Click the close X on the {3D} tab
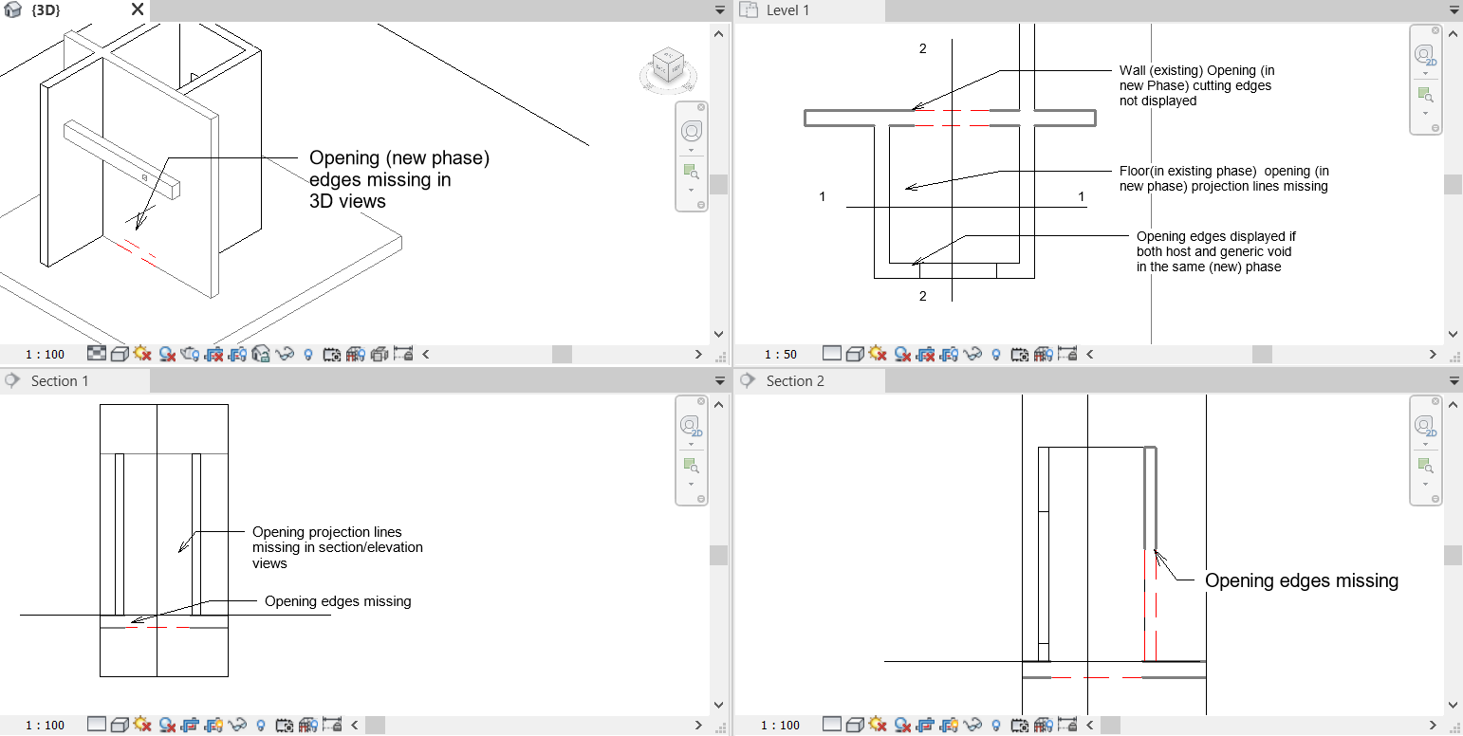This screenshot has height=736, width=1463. (x=138, y=9)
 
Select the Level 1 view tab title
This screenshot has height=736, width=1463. (x=787, y=10)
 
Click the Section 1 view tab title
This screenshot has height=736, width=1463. (x=59, y=381)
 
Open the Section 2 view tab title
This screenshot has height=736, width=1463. (x=795, y=381)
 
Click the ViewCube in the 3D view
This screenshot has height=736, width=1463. (x=668, y=69)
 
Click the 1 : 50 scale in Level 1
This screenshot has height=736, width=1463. (x=779, y=355)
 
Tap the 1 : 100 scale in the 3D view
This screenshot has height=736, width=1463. (x=45, y=355)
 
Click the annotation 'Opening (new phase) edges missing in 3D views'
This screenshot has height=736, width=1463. (x=398, y=179)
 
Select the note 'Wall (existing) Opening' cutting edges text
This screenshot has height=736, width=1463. (x=1195, y=85)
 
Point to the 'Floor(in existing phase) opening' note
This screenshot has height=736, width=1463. (x=1224, y=178)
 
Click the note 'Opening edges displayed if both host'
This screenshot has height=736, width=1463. (x=1215, y=251)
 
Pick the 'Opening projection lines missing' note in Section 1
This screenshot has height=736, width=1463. (x=337, y=547)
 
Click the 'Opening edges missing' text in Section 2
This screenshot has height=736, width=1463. (x=1301, y=580)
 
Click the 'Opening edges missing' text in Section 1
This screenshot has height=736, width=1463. (x=338, y=601)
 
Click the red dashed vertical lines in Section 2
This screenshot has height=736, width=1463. (x=1151, y=607)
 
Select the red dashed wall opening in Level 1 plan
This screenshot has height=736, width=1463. (x=952, y=118)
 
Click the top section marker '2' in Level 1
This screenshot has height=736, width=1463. (x=922, y=48)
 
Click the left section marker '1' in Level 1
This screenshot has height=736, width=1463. (x=823, y=196)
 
